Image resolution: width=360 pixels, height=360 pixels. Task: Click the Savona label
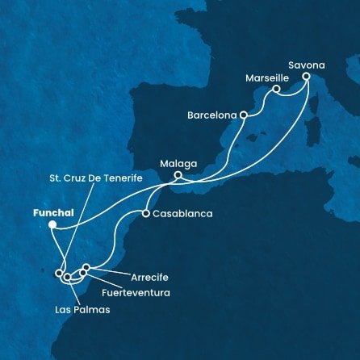click(x=305, y=60)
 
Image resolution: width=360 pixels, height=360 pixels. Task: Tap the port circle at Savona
click(x=307, y=77)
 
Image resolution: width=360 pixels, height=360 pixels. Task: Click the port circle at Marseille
click(x=276, y=89)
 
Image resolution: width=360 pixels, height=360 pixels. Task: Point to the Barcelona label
click(x=211, y=115)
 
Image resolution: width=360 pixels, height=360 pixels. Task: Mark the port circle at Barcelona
click(x=243, y=115)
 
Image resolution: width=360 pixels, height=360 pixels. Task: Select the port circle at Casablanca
click(x=145, y=215)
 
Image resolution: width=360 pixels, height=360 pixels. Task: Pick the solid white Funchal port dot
click(x=51, y=226)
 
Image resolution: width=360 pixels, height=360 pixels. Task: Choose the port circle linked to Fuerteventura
click(x=82, y=274)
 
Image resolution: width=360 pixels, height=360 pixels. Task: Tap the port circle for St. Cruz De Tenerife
click(x=59, y=273)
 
